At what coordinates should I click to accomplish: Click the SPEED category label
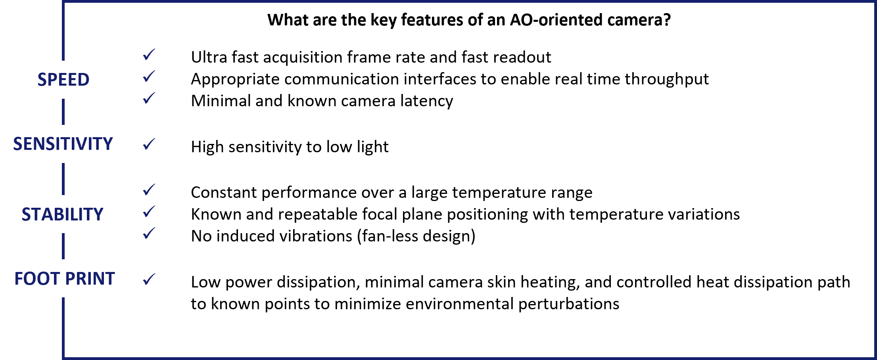coord(63,80)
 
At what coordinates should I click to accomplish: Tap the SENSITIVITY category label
coord(63,144)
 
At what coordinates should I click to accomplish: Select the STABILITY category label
coord(63,214)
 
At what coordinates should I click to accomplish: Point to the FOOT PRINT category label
coord(65,279)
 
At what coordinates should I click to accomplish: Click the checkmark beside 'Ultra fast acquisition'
coord(149,55)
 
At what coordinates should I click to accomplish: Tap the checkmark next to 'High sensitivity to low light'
coord(149,144)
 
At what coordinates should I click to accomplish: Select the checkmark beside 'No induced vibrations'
coord(149,234)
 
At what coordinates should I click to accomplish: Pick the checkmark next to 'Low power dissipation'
coord(149,280)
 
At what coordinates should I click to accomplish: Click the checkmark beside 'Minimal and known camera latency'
coord(149,98)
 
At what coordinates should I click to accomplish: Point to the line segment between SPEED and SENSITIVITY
coord(63,112)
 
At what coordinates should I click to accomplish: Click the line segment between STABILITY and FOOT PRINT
coord(63,246)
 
